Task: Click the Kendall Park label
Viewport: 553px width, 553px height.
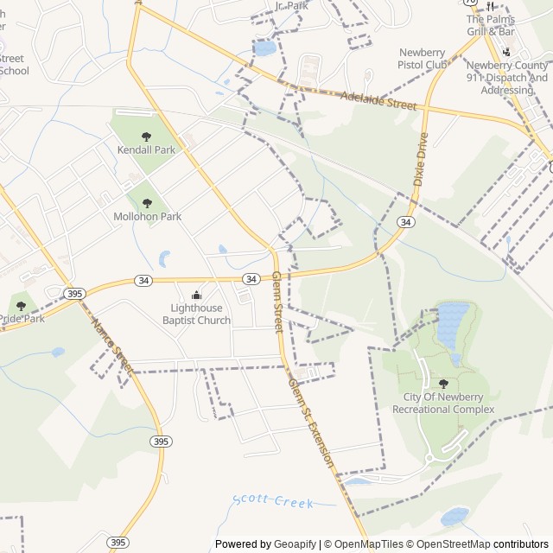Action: tap(146, 149)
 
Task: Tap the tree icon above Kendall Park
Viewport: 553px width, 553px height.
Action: tap(146, 136)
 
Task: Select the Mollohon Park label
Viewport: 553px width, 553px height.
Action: tap(147, 216)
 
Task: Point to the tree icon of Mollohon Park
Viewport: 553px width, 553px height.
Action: tap(147, 203)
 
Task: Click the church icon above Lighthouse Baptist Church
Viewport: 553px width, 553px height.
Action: tap(196, 296)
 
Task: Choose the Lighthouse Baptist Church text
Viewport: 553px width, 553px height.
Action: tap(197, 315)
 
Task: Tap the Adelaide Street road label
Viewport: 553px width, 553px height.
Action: tap(378, 101)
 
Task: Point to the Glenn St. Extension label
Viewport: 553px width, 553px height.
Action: tap(311, 423)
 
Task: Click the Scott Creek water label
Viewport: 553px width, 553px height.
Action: tap(272, 502)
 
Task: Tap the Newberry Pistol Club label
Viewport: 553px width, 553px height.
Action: tap(423, 58)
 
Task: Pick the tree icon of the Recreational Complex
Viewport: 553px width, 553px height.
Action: tap(444, 384)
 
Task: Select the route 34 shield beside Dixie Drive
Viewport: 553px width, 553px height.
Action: tap(405, 222)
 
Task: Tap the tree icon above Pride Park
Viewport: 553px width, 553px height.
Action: tap(21, 306)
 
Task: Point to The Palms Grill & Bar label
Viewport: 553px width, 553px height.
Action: tap(490, 26)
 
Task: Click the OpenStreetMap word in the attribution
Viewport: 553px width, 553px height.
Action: tap(448, 544)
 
